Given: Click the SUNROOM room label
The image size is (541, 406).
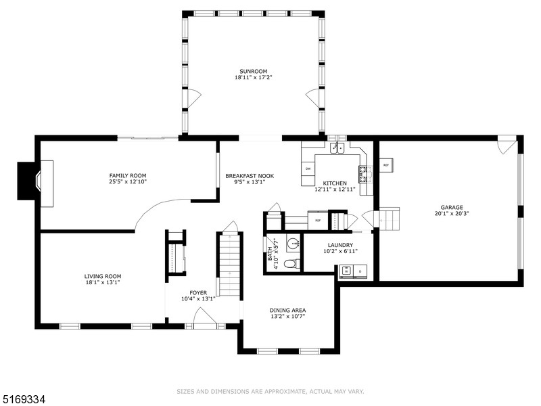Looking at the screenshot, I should click(x=253, y=71).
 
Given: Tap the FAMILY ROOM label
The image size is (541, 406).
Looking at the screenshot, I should click(x=128, y=175).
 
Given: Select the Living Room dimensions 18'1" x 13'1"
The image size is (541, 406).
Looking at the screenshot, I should click(x=103, y=283).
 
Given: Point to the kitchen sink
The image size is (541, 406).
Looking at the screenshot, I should click(x=337, y=148).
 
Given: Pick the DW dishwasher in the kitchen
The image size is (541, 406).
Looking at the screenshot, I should click(x=308, y=168).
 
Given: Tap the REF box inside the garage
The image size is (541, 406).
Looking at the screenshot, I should click(x=386, y=165).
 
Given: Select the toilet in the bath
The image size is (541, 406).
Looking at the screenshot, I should click(x=291, y=263).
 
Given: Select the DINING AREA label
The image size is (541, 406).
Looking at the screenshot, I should click(x=288, y=310).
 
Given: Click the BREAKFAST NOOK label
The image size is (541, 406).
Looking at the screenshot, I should click(x=250, y=175).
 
